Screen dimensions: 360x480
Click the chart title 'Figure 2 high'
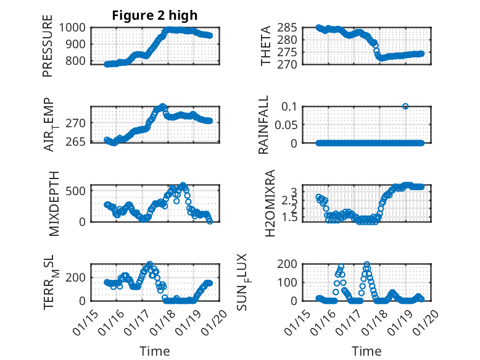pyautogui.click(x=155, y=15)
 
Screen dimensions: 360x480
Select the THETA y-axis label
pyautogui.click(x=266, y=46)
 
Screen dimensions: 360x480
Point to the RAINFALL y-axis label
pyautogui.click(x=263, y=124)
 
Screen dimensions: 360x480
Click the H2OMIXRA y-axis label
pyautogui.click(x=270, y=203)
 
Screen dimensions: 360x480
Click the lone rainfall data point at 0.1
pyautogui.click(x=405, y=106)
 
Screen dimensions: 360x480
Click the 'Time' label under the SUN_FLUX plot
pyautogui.click(x=366, y=351)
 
